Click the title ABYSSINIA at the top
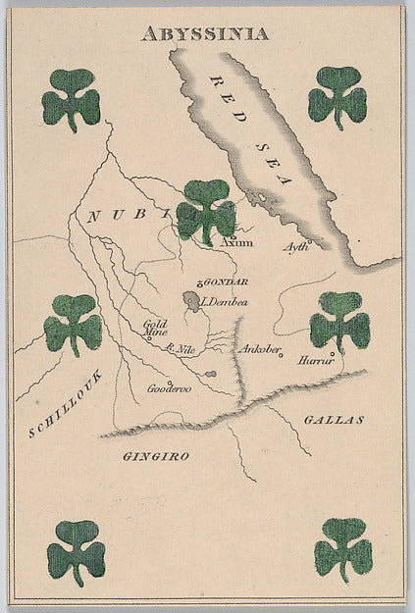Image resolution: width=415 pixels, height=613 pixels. coord(204,33)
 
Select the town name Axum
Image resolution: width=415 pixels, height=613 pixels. coord(236,241)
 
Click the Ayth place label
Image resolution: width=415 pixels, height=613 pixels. coord(295,246)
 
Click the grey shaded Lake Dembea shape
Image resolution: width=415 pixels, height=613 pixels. coord(193,299)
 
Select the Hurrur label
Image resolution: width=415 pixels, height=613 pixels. coord(316,361)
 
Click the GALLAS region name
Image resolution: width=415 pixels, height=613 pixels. coord(334,419)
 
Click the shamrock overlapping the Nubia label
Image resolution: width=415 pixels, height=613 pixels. coord(206,210)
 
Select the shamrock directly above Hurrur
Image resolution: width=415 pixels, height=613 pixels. coord(339,321)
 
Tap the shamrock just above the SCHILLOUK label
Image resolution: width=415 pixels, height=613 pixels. coord(73,323)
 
